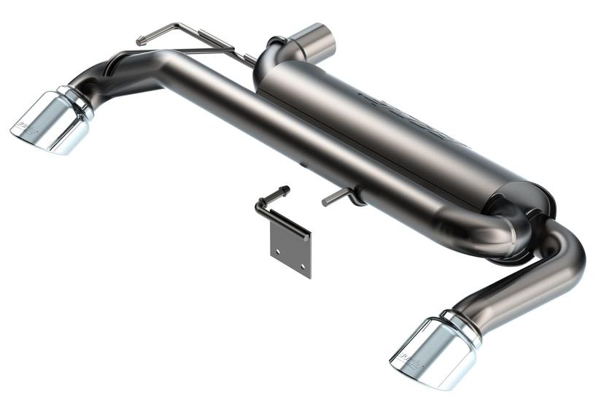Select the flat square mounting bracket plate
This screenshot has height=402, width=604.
click(x=290, y=248)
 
